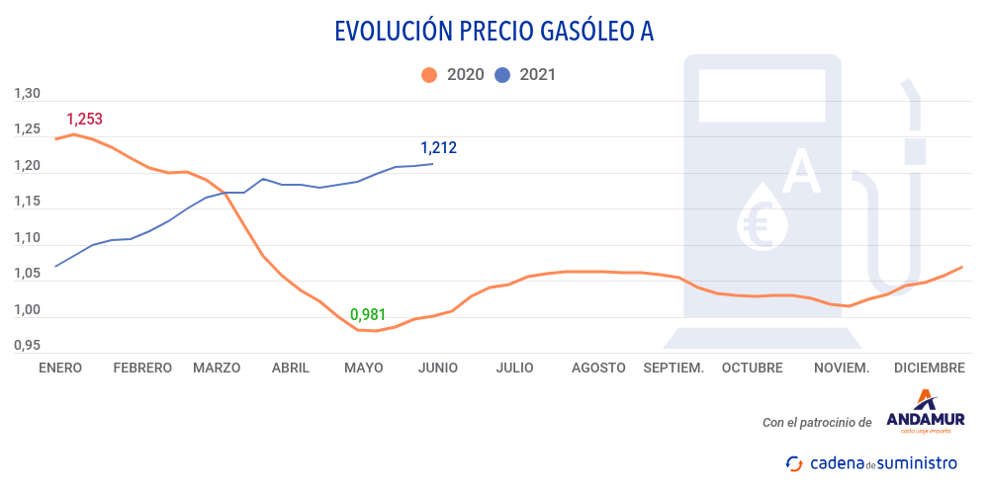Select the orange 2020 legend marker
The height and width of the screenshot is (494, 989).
[x=428, y=74]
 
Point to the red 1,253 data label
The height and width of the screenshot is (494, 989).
[x=84, y=120]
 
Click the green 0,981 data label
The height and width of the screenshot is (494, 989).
[x=368, y=315]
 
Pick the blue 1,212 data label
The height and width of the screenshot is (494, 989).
[x=438, y=148]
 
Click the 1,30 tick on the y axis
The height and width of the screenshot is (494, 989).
[x=27, y=94]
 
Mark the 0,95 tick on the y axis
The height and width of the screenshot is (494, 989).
[x=27, y=346]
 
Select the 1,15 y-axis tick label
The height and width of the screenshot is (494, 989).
[x=27, y=202]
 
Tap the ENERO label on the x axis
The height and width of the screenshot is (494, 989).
[x=60, y=368]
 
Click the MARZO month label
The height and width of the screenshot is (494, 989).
[x=217, y=368]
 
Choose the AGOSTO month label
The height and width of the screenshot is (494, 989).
[x=598, y=368]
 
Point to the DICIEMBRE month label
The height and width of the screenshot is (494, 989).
[x=929, y=368]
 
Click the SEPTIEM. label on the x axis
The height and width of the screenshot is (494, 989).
[x=674, y=368]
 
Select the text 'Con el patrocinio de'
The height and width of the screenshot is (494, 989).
[x=817, y=423]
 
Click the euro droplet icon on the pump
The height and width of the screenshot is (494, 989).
[x=763, y=216]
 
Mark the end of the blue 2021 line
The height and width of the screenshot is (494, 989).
[x=432, y=164]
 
